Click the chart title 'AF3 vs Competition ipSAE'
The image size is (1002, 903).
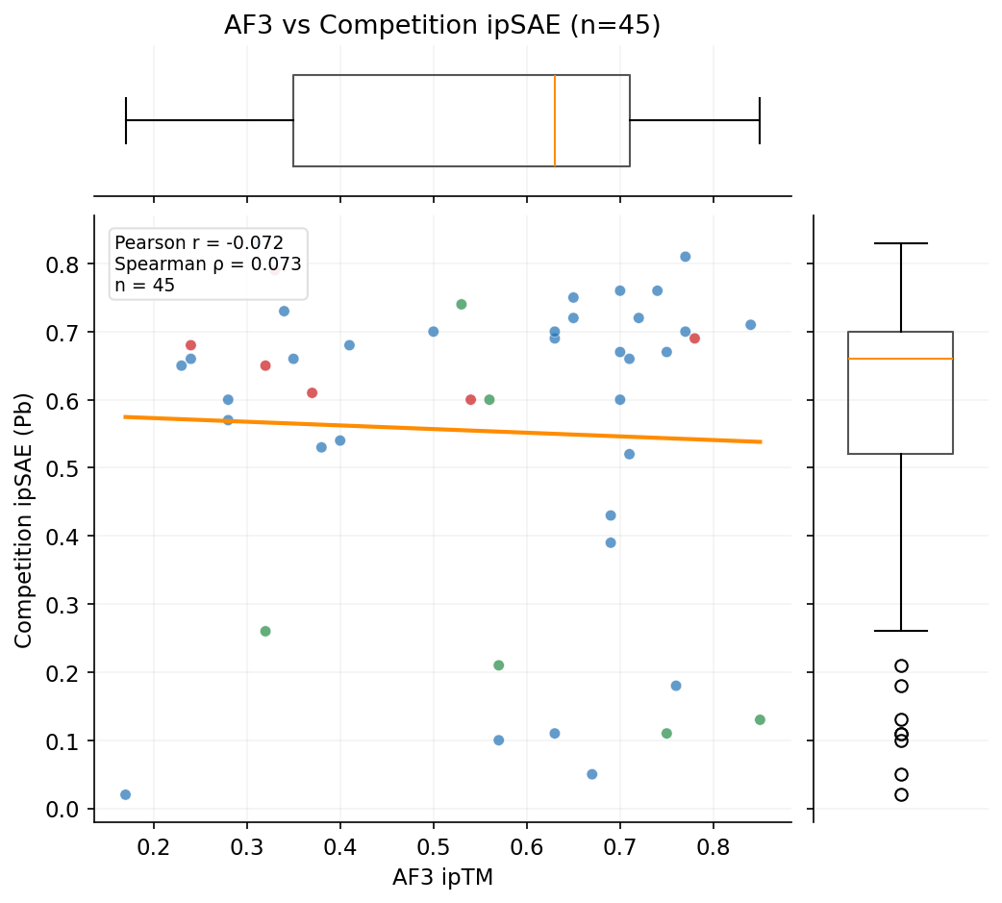[x=442, y=25]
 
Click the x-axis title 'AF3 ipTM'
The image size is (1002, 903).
[x=442, y=877]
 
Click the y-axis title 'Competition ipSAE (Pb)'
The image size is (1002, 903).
[x=23, y=519]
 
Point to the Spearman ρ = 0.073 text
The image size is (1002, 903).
[x=208, y=264]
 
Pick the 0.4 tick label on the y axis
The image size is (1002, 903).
[x=64, y=536]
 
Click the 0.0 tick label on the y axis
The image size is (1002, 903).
[x=64, y=809]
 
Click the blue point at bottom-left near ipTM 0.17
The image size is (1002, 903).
[x=125, y=794]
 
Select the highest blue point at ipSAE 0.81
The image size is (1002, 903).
[x=686, y=257]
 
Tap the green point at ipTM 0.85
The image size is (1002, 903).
[x=760, y=720]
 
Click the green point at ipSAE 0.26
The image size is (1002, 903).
[x=265, y=631]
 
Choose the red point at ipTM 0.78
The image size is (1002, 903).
[x=694, y=339]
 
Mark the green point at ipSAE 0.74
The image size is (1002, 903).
[x=462, y=304]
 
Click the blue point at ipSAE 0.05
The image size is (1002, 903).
[x=592, y=774]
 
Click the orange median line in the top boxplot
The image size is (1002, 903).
[x=555, y=120]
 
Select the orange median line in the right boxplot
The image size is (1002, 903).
[x=901, y=359]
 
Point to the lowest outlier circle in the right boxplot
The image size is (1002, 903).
[x=901, y=794]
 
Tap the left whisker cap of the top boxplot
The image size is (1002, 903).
[x=126, y=120]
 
